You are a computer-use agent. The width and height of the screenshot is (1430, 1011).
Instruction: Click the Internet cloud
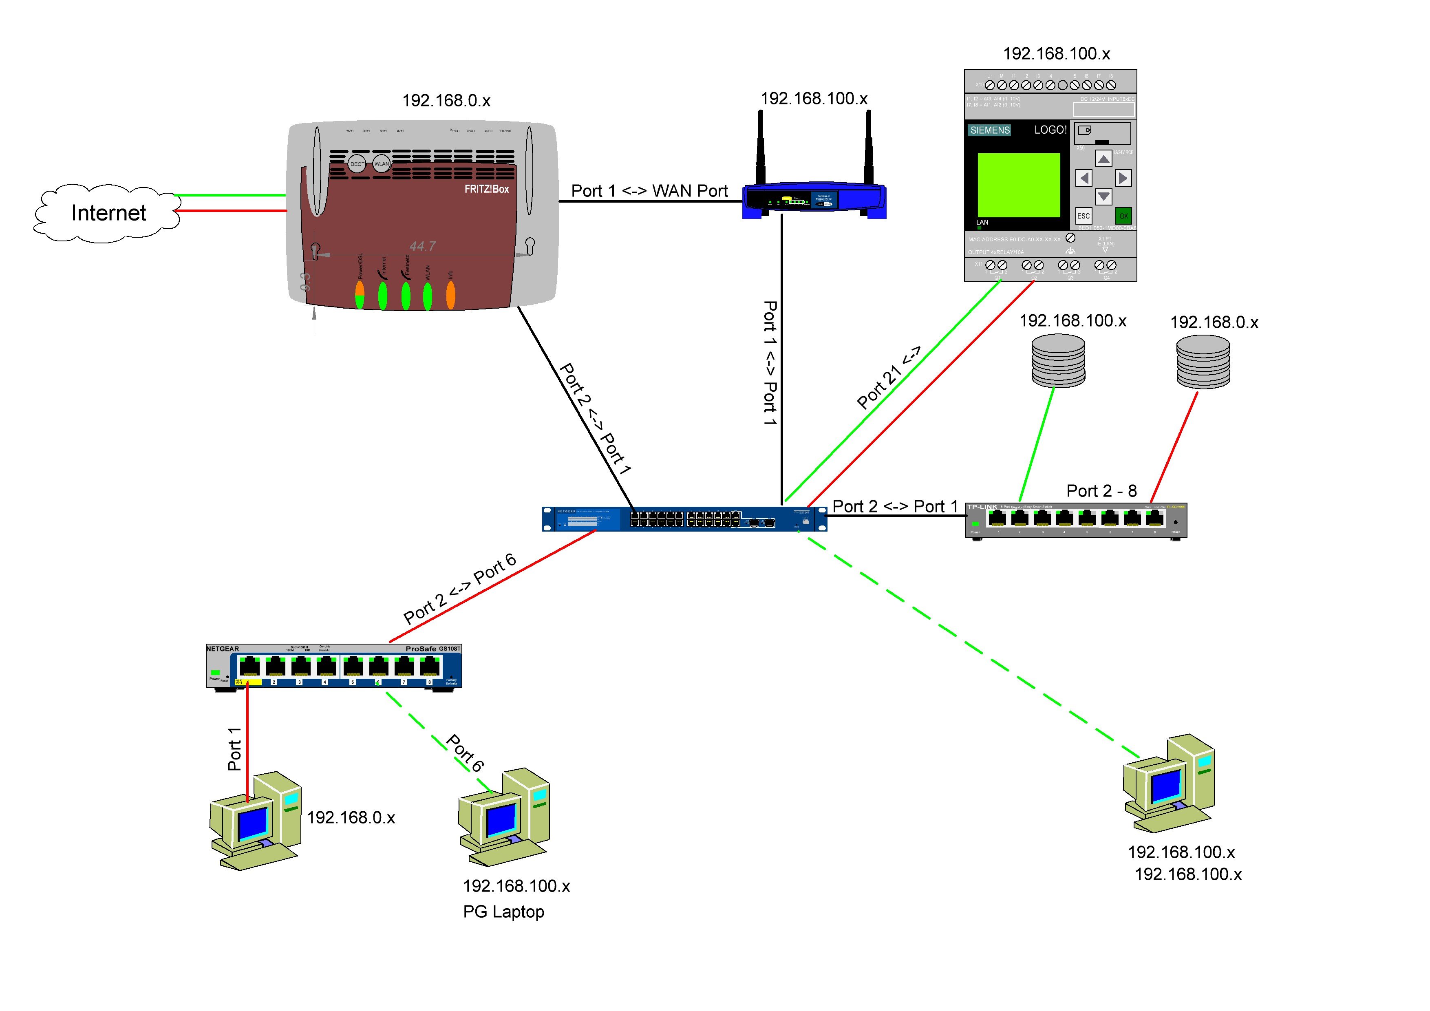[108, 213]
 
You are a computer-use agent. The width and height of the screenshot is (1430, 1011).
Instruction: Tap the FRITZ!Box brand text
[486, 189]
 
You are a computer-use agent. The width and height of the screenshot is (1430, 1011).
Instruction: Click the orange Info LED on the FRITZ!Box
[450, 295]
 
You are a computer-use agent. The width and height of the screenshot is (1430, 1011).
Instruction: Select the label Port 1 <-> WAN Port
[650, 191]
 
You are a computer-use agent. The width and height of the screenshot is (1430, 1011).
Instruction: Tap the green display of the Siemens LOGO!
[1018, 185]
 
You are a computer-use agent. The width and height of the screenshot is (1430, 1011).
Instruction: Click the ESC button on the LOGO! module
[1083, 216]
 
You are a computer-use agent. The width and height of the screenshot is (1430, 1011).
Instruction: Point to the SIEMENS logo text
[989, 130]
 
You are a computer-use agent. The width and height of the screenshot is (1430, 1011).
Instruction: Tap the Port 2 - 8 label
[1101, 491]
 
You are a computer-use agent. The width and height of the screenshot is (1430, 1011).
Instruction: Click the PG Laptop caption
[503, 912]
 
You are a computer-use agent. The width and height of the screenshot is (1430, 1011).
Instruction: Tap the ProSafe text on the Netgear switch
[421, 649]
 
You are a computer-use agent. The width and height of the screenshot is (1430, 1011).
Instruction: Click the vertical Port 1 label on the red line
[234, 749]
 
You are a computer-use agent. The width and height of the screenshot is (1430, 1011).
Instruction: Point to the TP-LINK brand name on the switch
[982, 507]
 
